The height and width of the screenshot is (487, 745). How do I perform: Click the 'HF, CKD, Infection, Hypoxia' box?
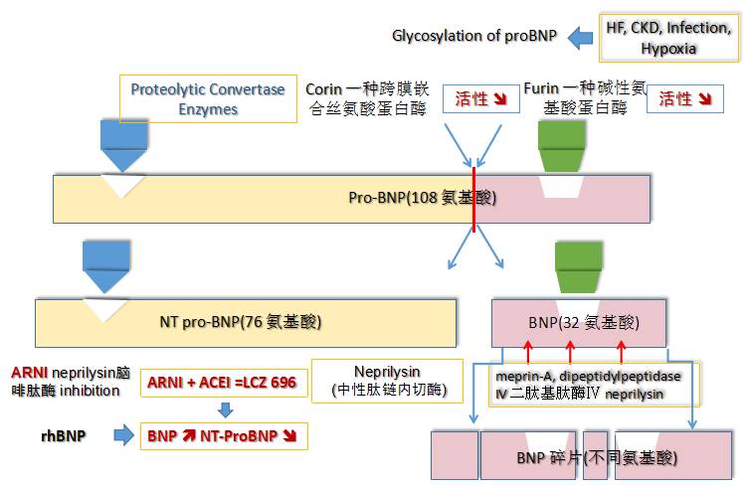point(668,37)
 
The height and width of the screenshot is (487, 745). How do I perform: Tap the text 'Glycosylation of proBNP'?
point(475,38)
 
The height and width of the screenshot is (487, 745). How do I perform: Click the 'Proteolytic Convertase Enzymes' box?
point(208,98)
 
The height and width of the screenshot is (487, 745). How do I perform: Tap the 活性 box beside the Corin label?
point(480,98)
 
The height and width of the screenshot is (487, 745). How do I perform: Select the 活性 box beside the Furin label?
point(685,98)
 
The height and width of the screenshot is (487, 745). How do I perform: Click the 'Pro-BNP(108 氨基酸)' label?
point(422,198)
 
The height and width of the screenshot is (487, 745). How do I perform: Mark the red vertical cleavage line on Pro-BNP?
point(474,200)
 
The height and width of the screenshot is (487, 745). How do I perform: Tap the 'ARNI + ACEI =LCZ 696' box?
point(221,383)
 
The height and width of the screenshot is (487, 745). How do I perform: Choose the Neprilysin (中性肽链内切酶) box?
point(388,380)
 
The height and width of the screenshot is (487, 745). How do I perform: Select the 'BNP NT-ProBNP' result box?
point(224,435)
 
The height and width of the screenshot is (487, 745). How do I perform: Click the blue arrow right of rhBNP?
point(123,434)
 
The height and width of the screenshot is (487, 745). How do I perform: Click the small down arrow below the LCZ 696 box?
point(225,408)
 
